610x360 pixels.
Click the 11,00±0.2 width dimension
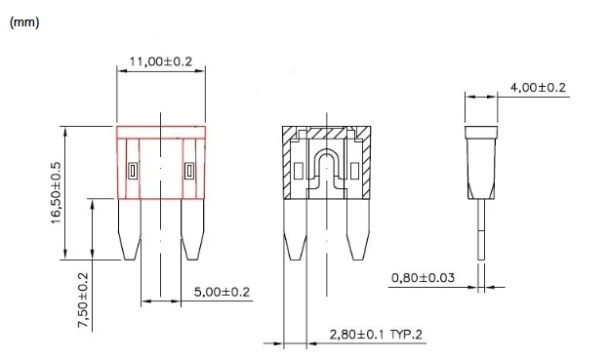(x=161, y=61)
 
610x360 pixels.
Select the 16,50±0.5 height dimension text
(x=56, y=193)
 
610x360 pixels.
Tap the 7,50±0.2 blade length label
(x=84, y=300)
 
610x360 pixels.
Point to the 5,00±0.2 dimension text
(x=222, y=292)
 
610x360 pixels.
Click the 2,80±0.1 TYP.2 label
(x=376, y=335)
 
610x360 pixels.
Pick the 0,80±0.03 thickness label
(x=423, y=278)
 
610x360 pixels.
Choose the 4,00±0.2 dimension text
(x=538, y=87)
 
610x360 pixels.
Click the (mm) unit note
(x=24, y=22)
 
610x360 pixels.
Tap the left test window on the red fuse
(x=133, y=171)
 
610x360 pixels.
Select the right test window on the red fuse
(x=189, y=171)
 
